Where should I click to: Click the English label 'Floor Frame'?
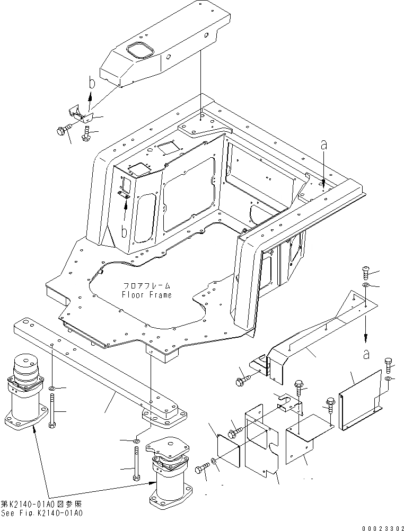(147, 295)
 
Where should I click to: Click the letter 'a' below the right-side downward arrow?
(366, 355)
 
